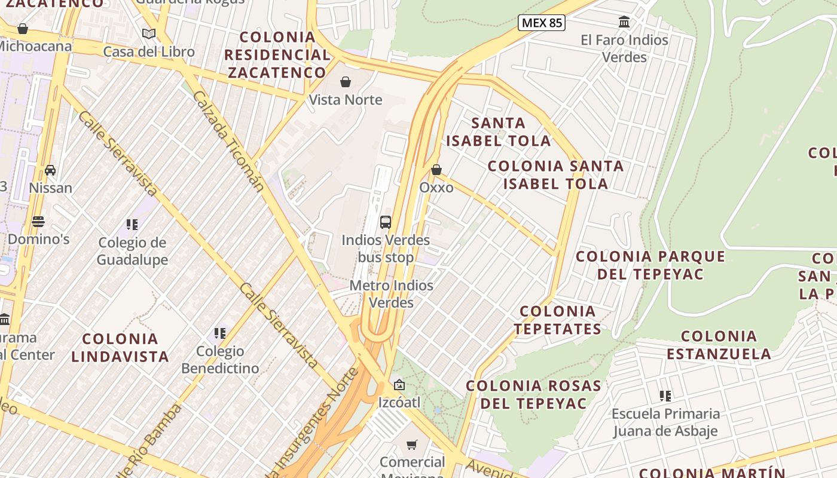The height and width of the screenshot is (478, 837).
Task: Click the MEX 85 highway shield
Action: (541, 23)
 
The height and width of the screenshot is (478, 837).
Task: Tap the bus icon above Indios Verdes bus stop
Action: (386, 222)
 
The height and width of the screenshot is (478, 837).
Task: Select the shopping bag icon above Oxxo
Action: (436, 170)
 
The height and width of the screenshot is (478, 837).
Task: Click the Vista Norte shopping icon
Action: (346, 82)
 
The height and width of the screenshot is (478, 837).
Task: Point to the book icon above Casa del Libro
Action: (149, 34)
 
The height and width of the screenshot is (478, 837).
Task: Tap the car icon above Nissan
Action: (50, 170)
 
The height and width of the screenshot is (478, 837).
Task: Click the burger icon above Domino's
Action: (38, 222)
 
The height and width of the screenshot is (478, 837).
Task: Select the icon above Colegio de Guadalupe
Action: (132, 225)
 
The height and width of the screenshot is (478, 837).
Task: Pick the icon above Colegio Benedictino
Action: (220, 333)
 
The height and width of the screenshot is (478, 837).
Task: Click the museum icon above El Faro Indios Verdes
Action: (624, 22)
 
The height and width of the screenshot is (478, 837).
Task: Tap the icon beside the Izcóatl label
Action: (399, 385)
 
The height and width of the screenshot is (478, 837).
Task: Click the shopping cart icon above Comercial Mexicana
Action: (412, 445)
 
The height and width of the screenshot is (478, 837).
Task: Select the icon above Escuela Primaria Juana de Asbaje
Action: (665, 396)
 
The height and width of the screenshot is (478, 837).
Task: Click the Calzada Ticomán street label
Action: (228, 141)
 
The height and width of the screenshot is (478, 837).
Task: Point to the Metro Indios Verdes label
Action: (391, 294)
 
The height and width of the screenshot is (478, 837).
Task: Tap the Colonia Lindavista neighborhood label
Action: (120, 348)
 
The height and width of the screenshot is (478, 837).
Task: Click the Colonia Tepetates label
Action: (557, 320)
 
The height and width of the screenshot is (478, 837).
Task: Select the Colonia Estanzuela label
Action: (719, 345)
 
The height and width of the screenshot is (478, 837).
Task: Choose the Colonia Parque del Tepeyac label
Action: (650, 265)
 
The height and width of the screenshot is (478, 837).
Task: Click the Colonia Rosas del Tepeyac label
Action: (533, 394)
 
